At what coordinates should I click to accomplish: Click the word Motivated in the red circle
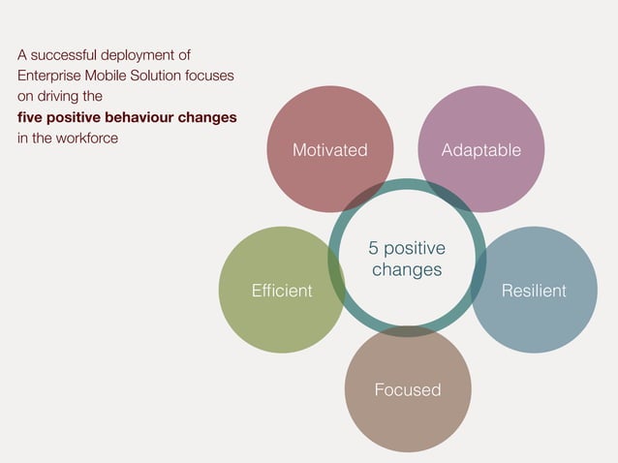pyautogui.click(x=330, y=150)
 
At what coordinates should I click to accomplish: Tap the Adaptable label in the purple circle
pyautogui.click(x=480, y=150)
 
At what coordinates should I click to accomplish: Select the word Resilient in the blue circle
pyautogui.click(x=534, y=291)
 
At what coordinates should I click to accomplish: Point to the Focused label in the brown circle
pyautogui.click(x=408, y=389)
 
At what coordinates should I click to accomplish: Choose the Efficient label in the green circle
pyautogui.click(x=282, y=291)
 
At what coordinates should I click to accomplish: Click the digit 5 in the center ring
pyautogui.click(x=374, y=249)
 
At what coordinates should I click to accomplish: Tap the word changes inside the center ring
pyautogui.click(x=407, y=269)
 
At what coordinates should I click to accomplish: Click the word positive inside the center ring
pyautogui.click(x=416, y=249)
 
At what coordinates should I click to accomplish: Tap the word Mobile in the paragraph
pyautogui.click(x=113, y=76)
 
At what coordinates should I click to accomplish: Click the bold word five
pyautogui.click(x=31, y=118)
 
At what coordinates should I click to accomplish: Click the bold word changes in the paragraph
pyautogui.click(x=211, y=118)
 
